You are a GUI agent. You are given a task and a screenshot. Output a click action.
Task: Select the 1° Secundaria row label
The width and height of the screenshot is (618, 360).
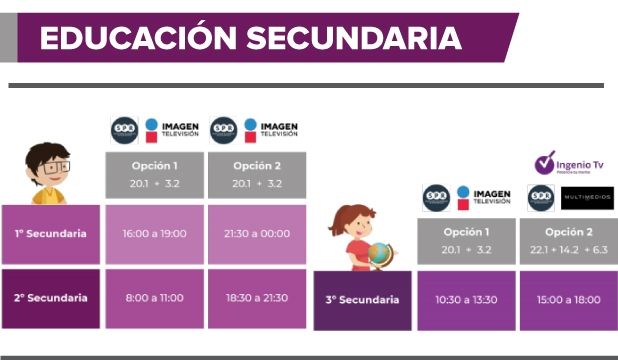click(x=51, y=234)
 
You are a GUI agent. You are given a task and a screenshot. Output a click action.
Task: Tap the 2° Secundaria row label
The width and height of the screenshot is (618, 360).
click(x=51, y=298)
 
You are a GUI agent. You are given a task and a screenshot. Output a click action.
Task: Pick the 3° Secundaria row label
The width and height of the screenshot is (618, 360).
click(x=362, y=299)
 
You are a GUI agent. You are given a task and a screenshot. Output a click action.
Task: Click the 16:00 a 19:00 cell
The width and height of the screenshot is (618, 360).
click(x=154, y=234)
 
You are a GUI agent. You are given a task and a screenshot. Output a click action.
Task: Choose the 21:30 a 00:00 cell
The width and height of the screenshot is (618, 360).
click(x=257, y=234)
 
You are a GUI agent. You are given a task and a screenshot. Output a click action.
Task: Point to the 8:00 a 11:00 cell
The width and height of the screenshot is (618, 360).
click(x=154, y=298)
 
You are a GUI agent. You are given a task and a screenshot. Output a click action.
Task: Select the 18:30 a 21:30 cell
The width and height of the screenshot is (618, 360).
click(x=257, y=298)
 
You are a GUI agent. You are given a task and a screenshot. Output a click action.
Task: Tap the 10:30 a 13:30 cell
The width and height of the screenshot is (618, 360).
click(x=466, y=299)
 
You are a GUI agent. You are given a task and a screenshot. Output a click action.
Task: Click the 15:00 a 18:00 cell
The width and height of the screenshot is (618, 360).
click(x=567, y=299)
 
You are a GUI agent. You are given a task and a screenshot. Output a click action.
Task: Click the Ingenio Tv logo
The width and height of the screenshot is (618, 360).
click(x=569, y=163)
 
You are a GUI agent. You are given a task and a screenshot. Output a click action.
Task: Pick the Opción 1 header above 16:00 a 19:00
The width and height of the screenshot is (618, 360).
click(x=154, y=174)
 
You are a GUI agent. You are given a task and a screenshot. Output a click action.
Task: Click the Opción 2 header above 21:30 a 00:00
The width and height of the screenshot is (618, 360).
click(x=257, y=174)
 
